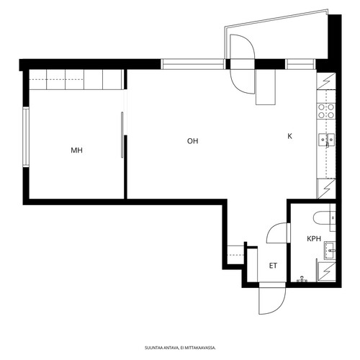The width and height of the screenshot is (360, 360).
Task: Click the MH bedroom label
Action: pyautogui.click(x=76, y=150)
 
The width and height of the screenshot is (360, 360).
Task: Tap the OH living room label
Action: pyautogui.click(x=193, y=141)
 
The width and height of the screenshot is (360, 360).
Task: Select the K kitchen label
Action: pyautogui.click(x=289, y=136)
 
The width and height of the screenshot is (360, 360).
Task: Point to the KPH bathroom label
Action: pyautogui.click(x=314, y=238)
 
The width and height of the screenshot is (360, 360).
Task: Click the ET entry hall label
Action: pyautogui.click(x=273, y=266)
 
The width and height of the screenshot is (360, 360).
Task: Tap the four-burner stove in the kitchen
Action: pyautogui.click(x=326, y=111)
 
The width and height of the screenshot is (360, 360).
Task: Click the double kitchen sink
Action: pyautogui.click(x=326, y=140)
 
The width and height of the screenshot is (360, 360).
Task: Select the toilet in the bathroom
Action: pyautogui.click(x=322, y=217)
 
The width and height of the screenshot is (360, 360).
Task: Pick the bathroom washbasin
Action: pyautogui.click(x=330, y=251)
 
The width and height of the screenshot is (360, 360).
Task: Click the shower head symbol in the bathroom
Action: pyautogui.click(x=302, y=279)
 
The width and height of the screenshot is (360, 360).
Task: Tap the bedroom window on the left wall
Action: pyautogui.click(x=26, y=137)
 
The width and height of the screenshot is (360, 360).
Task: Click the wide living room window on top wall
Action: pyautogui.click(x=193, y=64)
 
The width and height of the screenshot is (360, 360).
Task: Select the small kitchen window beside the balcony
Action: pyautogui.click(x=300, y=64)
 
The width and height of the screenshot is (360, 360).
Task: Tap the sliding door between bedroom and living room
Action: pyautogui.click(x=122, y=135)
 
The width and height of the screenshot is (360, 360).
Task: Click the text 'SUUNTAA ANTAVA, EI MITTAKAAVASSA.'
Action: pyautogui.click(x=180, y=348)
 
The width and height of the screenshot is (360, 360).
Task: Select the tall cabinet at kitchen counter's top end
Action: pyautogui.click(x=326, y=81)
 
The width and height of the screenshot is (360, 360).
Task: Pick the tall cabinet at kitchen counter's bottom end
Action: pyautogui.click(x=326, y=189)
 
